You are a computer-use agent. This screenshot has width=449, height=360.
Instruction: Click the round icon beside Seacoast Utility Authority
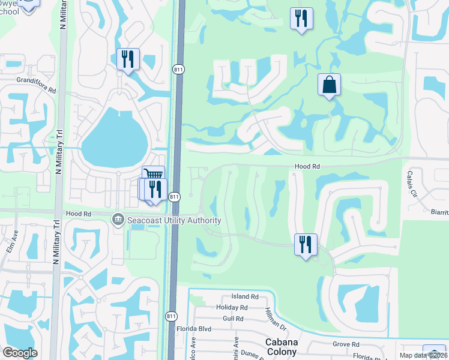(x=118, y=220)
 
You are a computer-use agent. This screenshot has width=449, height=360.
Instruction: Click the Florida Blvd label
(x=194, y=329)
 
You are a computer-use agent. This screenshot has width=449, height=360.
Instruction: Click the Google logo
(x=20, y=353)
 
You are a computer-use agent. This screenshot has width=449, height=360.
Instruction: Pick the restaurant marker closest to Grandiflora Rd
(x=127, y=59)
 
